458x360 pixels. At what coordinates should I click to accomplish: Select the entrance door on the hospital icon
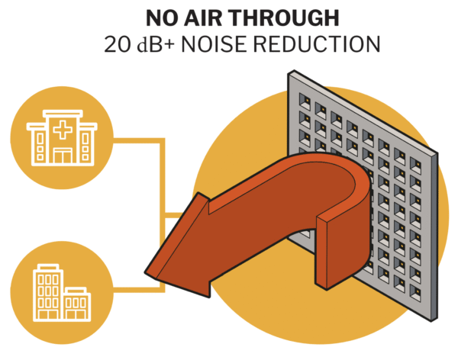(x=60, y=156)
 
